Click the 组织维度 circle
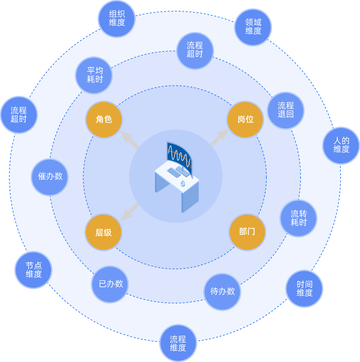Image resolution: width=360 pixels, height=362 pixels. point(117,19)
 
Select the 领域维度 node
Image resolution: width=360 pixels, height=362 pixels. point(253,27)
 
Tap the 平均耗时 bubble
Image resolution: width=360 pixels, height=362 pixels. point(94,75)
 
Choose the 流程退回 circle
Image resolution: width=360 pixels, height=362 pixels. point(286,110)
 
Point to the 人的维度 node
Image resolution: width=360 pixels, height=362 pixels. point(341,145)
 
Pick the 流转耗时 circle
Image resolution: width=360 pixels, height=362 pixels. point(298,218)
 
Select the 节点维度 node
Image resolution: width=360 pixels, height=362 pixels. point(33,270)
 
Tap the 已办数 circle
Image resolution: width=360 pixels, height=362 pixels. point(110,284)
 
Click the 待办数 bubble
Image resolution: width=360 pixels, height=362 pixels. point(223,292)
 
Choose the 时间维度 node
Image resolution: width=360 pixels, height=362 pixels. point(304,289)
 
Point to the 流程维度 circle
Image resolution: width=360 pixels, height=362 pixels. point(178,343)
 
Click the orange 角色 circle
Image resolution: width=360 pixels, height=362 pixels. point(104,119)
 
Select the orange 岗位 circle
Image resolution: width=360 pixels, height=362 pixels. point(245,119)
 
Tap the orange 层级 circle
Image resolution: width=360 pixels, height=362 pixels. point(103,232)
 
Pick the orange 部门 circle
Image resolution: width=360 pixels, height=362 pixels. point(247,232)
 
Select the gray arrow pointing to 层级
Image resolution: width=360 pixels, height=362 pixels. point(129,212)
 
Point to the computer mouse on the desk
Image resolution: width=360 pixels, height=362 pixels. point(183,183)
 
